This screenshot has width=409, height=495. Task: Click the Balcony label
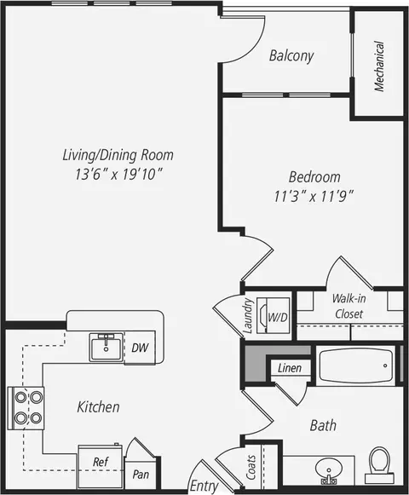(291, 56)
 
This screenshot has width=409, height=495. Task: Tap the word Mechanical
(379, 66)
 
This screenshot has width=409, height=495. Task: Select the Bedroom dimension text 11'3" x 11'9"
(314, 196)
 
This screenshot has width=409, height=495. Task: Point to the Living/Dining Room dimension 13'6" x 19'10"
(118, 175)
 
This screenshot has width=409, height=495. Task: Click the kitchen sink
(107, 348)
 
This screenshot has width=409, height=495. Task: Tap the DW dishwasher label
(140, 348)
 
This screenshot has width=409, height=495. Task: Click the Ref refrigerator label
(101, 462)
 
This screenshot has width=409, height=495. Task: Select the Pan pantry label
(141, 475)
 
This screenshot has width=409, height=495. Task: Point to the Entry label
(204, 486)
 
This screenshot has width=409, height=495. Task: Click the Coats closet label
(251, 467)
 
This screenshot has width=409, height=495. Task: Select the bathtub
(355, 365)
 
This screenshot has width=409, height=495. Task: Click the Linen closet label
(290, 368)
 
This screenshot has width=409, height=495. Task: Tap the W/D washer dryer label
(278, 317)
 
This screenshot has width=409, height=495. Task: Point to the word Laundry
(248, 316)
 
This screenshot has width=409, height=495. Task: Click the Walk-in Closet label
(349, 306)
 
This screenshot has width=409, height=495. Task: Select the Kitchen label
(99, 407)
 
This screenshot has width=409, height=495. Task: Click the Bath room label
(323, 425)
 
